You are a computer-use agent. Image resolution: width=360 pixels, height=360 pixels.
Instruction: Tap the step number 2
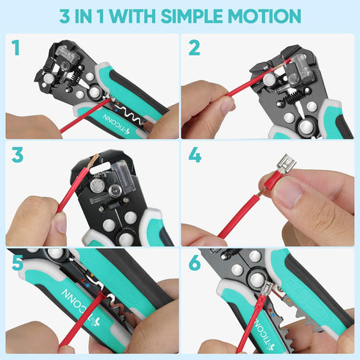pos(194,48)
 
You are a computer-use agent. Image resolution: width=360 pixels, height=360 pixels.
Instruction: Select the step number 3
pos(16,156)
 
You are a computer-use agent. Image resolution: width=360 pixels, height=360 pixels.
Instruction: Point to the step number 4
pos(195,156)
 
